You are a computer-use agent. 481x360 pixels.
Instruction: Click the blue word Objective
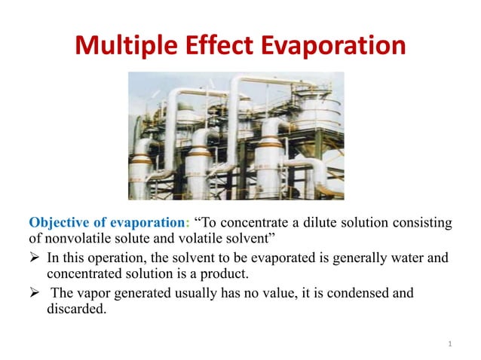[x=60, y=223]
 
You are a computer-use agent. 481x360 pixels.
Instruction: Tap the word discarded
[x=73, y=309]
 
